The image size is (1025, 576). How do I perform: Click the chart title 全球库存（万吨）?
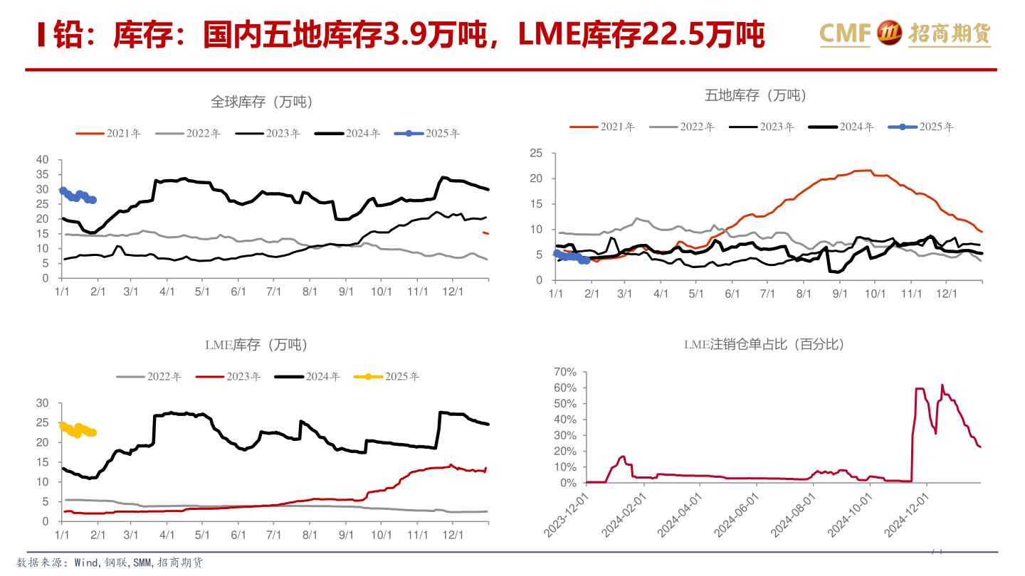tap(261, 102)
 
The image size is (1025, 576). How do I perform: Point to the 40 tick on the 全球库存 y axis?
tap(42, 159)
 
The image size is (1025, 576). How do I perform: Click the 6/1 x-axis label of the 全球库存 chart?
tap(238, 292)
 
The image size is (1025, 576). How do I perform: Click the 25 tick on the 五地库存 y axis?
tap(536, 153)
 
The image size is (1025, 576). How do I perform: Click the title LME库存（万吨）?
tap(256, 346)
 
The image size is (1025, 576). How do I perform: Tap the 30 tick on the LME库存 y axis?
tap(42, 402)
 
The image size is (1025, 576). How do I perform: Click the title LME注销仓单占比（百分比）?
tap(763, 345)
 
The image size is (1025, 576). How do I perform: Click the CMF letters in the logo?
tap(845, 32)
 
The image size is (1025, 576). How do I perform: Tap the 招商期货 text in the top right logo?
tap(950, 33)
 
